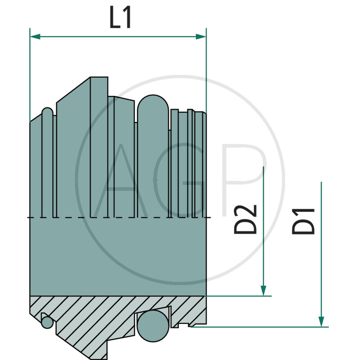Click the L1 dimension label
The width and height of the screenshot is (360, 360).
pyautogui.click(x=121, y=18)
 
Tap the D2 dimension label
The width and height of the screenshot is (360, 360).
pyautogui.click(x=245, y=219)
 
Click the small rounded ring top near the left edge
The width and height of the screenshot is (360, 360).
pyautogui.click(x=47, y=112)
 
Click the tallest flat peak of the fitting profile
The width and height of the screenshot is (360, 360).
pyautogui.click(x=99, y=78)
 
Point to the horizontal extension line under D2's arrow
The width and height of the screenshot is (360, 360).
pyautogui.click(x=238, y=296)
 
